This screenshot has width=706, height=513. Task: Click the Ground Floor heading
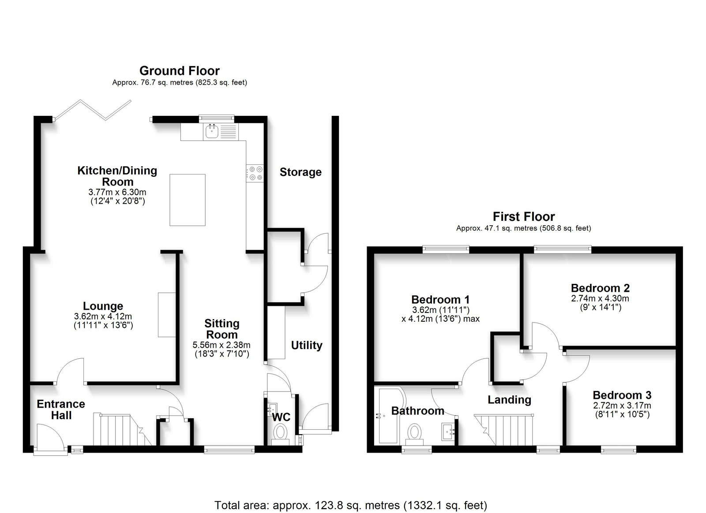pos(179,71)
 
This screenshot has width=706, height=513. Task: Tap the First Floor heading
pos(523,216)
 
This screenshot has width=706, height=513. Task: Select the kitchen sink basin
pos(212,131)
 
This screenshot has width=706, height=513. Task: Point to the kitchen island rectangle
pos(188,200)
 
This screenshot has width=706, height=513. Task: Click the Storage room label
pos(300,172)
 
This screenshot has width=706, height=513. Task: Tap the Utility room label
pos(306,346)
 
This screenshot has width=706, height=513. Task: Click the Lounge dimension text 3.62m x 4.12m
pos(103,316)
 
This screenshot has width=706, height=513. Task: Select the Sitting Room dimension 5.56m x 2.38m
pos(222,345)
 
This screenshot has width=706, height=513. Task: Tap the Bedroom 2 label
pos(601,288)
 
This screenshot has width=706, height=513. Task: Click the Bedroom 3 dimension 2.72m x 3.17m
pos(622,405)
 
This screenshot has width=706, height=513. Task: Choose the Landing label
pos(509,400)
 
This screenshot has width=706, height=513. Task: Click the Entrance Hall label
pos(61,409)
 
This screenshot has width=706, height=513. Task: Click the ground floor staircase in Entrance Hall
pos(122,430)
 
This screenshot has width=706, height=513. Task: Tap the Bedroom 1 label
pos(440,299)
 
